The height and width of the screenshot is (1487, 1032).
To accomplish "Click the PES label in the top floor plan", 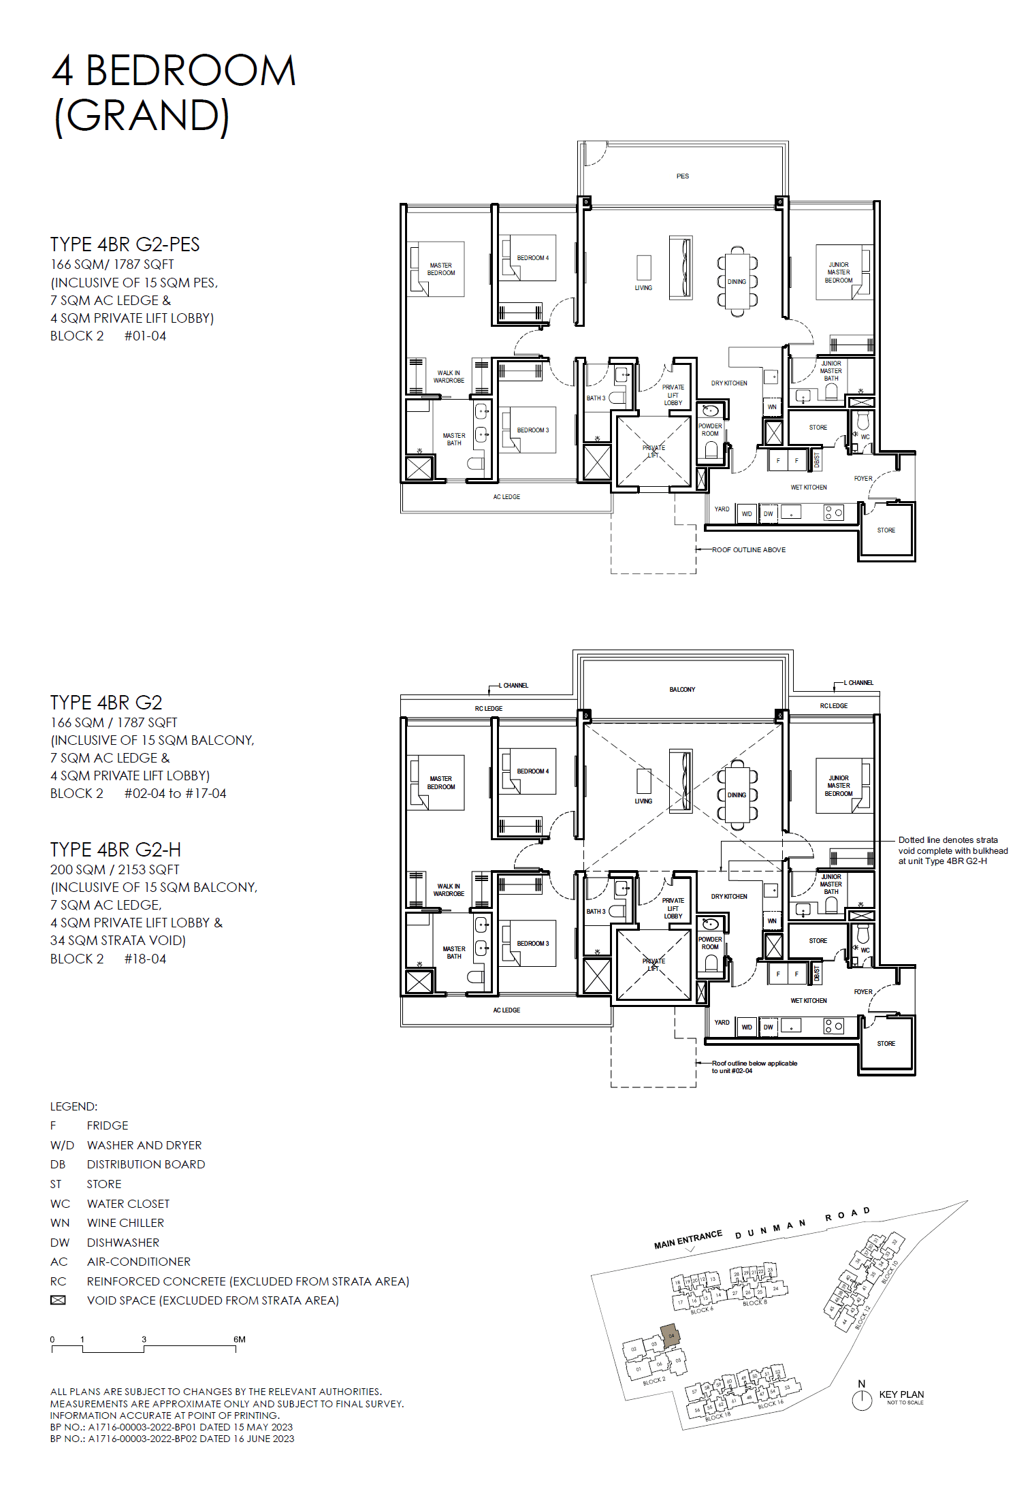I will pos(682,176).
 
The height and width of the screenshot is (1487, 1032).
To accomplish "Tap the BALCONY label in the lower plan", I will pos(682,690).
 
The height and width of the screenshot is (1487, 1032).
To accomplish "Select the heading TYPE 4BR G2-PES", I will pos(125,244).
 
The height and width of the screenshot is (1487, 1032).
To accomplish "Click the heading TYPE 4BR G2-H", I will pos(116,850).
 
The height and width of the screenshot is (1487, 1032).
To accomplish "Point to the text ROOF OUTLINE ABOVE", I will pos(748,550).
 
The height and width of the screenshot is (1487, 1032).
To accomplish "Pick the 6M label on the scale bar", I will pos(239,1339).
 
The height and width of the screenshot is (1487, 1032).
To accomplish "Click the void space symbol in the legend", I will pos(59,1300).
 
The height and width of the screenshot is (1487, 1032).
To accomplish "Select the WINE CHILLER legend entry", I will pos(125,1223).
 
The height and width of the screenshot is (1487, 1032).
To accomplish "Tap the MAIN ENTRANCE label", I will pos(688,1240).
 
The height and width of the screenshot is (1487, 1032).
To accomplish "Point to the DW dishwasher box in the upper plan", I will pos(768,514).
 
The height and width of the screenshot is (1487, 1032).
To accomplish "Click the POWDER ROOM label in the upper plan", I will pos(710,430).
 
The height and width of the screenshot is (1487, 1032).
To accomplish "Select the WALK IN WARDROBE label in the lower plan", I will pos(449,890).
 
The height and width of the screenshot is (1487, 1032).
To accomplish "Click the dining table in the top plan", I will pos(737,281).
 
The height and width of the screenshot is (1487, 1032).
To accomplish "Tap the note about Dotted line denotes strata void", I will pos(952,850).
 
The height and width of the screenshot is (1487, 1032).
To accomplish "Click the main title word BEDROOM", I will pos(191,71).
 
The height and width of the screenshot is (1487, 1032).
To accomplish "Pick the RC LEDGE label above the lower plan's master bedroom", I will pos(488,709).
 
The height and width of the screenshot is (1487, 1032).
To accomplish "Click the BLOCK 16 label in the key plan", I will pos(771,1405).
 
